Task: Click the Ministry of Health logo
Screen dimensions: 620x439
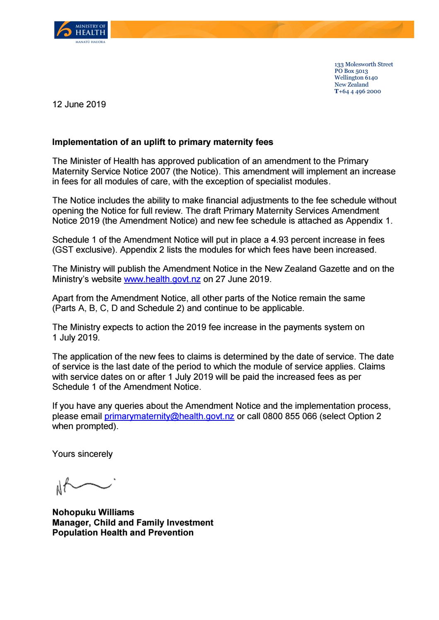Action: coord(81,32)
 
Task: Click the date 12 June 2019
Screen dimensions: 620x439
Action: coord(79,104)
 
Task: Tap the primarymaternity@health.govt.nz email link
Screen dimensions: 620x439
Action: coord(169,416)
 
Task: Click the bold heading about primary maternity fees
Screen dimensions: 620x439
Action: coord(163,142)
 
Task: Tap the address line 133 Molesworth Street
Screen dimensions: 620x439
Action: coord(364,65)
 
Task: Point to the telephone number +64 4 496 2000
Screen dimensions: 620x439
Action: coord(359,92)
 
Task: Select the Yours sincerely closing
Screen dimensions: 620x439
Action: coord(82,454)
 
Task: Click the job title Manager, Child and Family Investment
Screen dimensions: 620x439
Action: coord(133,523)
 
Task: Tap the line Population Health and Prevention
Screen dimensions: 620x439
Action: coord(123,533)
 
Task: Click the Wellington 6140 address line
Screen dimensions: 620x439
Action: coord(356,78)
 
